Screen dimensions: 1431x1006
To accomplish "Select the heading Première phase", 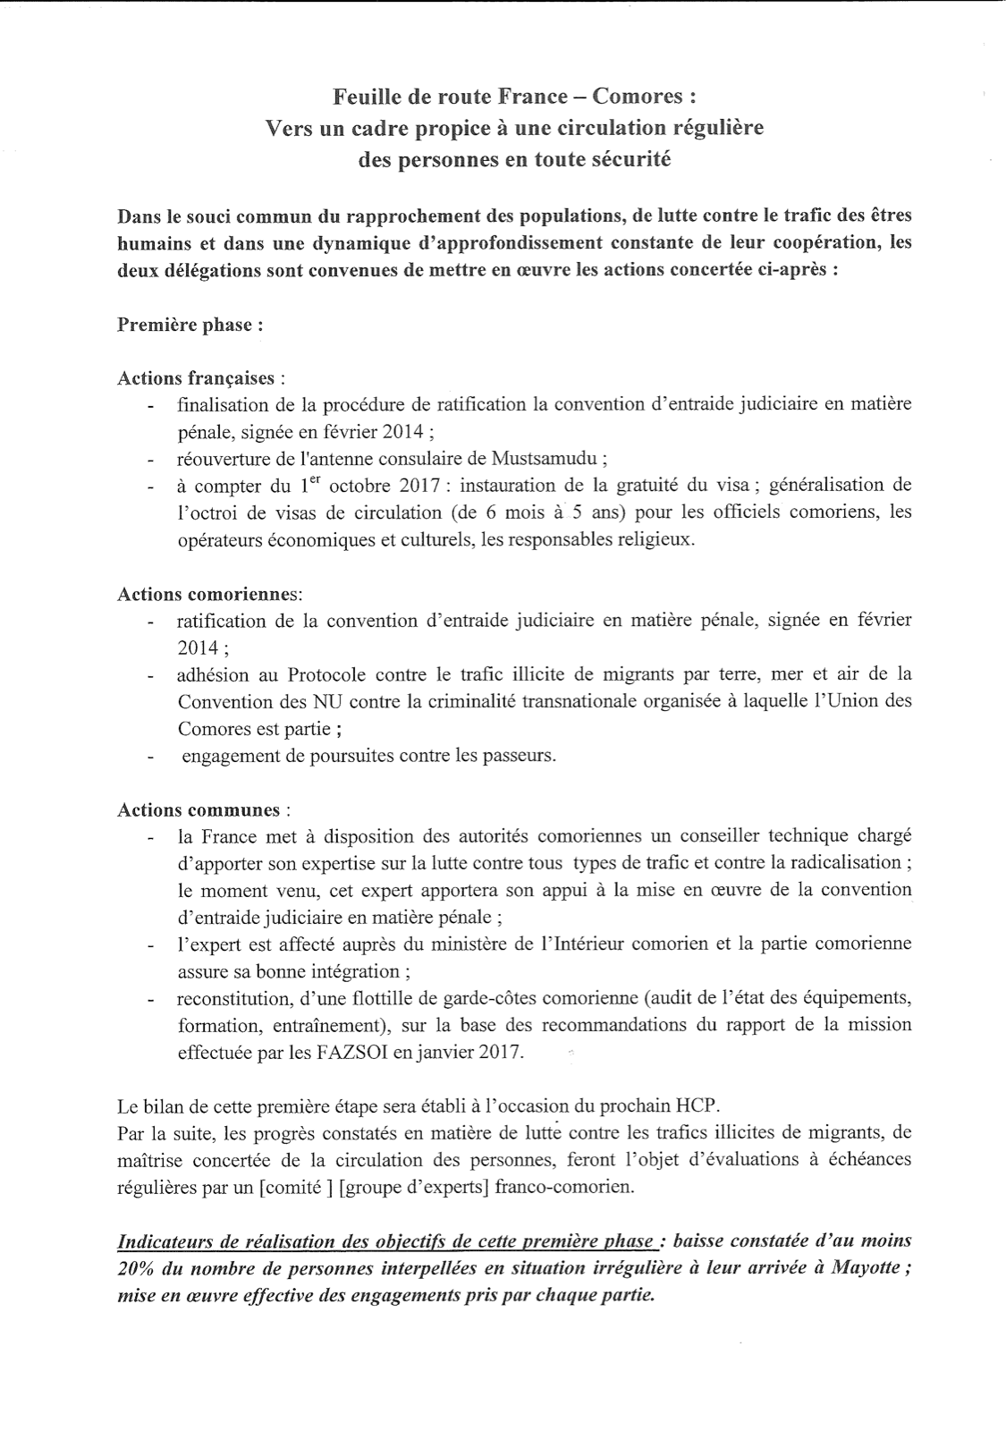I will pos(190,324).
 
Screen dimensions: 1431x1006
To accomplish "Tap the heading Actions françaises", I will pos(201,377).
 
